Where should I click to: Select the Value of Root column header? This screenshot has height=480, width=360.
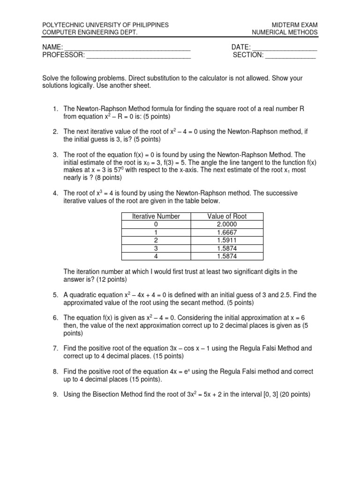tap(227, 216)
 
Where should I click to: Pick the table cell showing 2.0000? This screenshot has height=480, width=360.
tap(227, 224)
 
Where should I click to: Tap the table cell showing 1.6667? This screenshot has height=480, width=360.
tap(227, 232)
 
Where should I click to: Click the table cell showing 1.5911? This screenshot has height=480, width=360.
tap(227, 240)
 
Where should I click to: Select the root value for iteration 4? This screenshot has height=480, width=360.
tap(227, 256)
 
